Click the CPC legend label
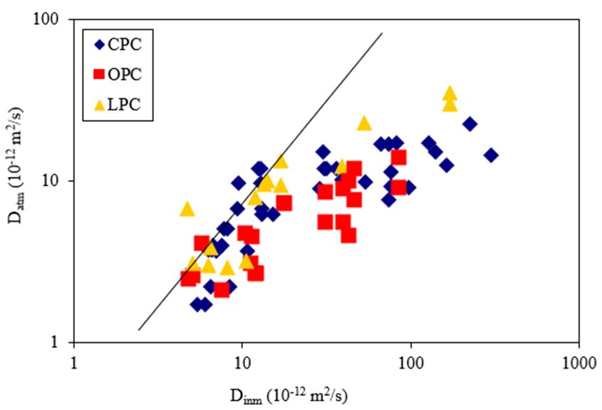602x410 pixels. (125, 44)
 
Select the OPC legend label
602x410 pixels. (125, 74)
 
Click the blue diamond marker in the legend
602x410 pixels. (100, 44)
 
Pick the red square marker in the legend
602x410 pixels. (100, 74)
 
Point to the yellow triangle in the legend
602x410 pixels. (100, 104)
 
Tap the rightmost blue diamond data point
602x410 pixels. (490, 155)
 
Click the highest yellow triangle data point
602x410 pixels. (450, 93)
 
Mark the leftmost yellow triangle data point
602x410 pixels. (187, 208)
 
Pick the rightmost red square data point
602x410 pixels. (399, 158)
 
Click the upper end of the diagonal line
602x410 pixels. (383, 33)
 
